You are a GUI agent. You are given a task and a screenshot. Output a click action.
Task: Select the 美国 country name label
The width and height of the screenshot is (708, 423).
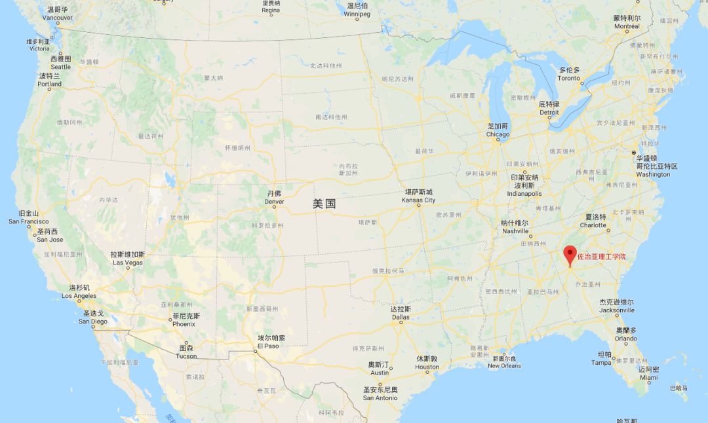324,204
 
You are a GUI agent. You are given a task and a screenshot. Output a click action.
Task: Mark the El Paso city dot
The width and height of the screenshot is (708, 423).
256,352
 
